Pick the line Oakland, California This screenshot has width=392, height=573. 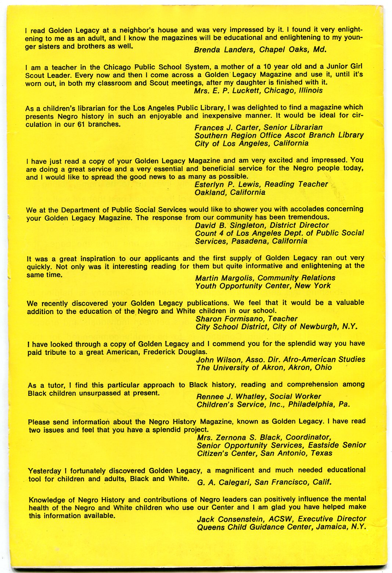pos(230,192)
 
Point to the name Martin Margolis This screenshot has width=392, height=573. pos(224,278)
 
